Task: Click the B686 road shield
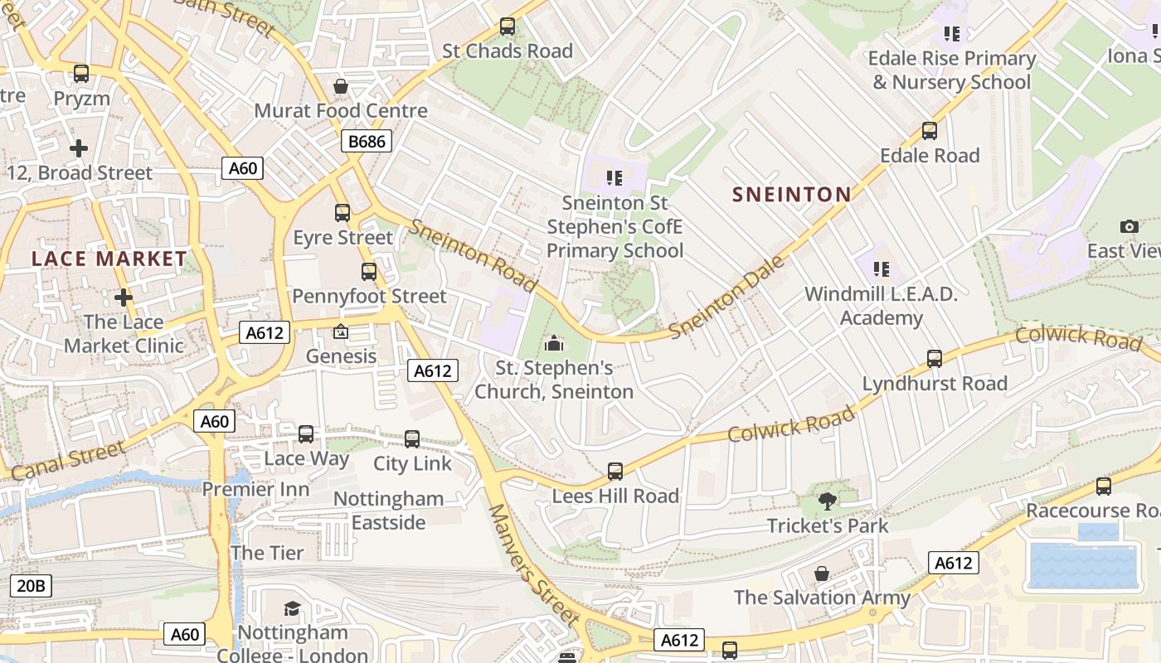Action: tap(367, 141)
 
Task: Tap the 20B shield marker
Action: tap(31, 586)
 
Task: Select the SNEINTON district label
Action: tap(791, 194)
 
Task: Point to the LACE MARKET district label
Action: tap(109, 259)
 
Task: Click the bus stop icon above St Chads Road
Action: tap(508, 27)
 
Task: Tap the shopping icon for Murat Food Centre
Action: tap(340, 86)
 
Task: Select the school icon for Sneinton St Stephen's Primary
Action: tap(615, 177)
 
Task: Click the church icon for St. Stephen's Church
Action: tap(554, 342)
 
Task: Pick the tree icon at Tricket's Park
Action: tap(827, 500)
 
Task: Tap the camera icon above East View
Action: tap(1129, 226)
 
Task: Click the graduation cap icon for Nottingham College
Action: tap(292, 609)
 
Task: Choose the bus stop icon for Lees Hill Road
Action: tap(615, 471)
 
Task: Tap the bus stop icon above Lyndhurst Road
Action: tap(935, 358)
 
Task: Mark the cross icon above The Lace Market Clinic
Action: tap(124, 297)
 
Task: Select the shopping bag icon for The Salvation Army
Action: tap(821, 573)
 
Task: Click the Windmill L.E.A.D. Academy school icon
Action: tap(881, 269)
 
